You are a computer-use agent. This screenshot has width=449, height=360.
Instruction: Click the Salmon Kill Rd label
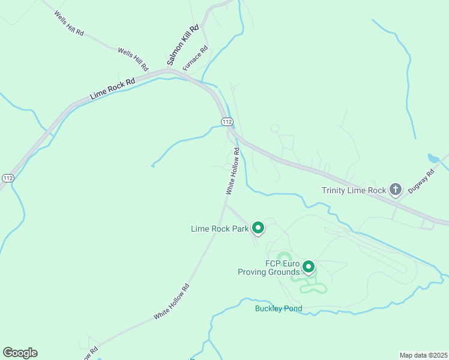pyautogui.click(x=182, y=45)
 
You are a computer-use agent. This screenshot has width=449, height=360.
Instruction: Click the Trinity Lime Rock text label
pyautogui.click(x=354, y=191)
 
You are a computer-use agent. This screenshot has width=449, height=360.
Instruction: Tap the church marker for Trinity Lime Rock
pyautogui.click(x=395, y=190)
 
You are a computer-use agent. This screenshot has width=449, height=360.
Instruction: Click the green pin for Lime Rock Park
pyautogui.click(x=258, y=227)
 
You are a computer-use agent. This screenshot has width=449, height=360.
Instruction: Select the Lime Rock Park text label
pyautogui.click(x=220, y=229)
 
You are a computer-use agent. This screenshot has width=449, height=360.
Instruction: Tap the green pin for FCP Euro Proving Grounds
pyautogui.click(x=309, y=266)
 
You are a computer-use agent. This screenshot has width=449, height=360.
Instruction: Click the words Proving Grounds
pyautogui.click(x=268, y=272)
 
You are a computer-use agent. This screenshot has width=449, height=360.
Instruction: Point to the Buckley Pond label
pyautogui.click(x=278, y=309)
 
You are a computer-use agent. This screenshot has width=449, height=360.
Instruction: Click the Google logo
pyautogui.click(x=20, y=353)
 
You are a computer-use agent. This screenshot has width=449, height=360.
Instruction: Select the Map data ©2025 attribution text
pyautogui.click(x=423, y=355)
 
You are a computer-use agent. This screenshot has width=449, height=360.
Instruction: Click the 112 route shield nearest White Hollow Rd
pyautogui.click(x=226, y=122)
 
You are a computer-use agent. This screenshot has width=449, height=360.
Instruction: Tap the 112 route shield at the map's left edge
pyautogui.click(x=8, y=178)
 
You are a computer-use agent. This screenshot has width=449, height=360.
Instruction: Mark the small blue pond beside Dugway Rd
pyautogui.click(x=433, y=159)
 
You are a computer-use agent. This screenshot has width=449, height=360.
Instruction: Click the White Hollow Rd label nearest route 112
pyautogui.click(x=233, y=171)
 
